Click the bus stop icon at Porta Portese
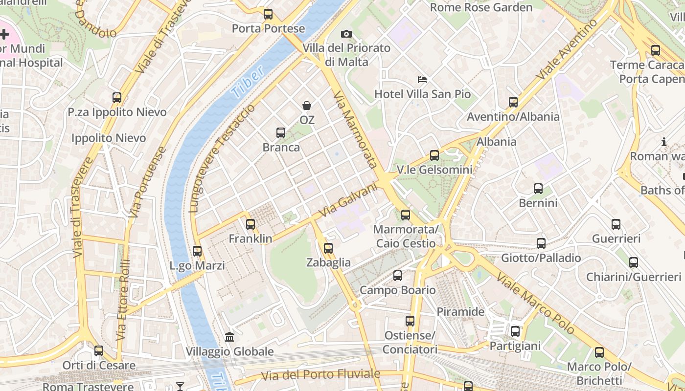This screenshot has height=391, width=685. click(x=268, y=14)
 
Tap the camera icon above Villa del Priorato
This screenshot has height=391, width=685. click(x=346, y=34)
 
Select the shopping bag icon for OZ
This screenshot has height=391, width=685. click(x=307, y=105)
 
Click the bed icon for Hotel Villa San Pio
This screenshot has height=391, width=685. click(x=422, y=79)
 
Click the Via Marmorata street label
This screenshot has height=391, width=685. click(x=356, y=130)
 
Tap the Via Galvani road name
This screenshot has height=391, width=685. click(x=349, y=200)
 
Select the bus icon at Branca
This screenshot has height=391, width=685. click(x=280, y=132)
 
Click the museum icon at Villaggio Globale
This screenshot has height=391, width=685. click(x=229, y=337)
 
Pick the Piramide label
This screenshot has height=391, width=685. click(x=460, y=312)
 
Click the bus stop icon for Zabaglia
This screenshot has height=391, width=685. click(x=328, y=248)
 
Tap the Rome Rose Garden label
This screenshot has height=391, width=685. click(x=481, y=7)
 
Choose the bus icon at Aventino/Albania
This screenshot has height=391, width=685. click(x=513, y=102)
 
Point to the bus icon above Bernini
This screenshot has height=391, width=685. click(x=538, y=188)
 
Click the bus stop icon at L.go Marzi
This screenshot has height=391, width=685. click(x=197, y=251)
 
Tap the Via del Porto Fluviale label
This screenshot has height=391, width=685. click(x=320, y=375)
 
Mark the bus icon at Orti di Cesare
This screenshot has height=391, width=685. click(x=99, y=350)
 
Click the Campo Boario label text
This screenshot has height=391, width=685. click(x=397, y=290)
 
